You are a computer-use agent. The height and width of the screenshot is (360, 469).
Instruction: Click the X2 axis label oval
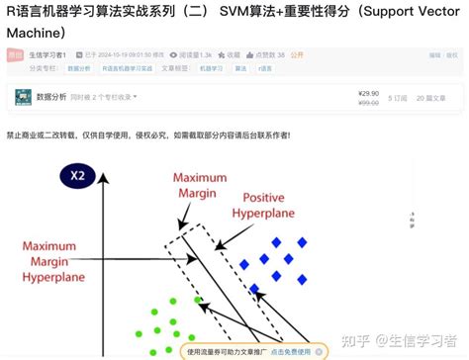pyautogui.click(x=74, y=178)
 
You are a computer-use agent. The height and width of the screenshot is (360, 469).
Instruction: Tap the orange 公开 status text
pyautogui.click(x=296, y=56)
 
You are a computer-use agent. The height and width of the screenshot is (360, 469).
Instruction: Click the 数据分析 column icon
pyautogui.click(x=22, y=98)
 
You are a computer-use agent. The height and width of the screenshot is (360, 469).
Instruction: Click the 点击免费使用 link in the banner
pyautogui.click(x=292, y=350)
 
